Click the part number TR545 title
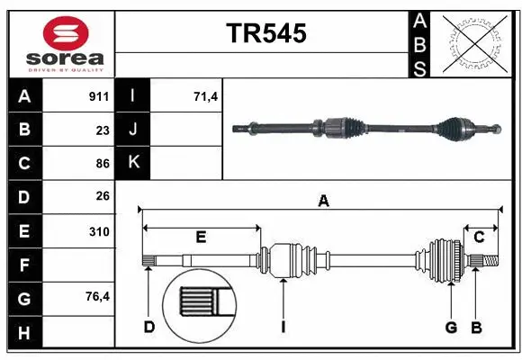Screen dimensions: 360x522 pos(265,33)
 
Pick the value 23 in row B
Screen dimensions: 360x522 pos(103,130)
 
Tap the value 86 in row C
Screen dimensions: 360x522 pos(103,163)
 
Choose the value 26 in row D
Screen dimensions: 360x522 pos(103,196)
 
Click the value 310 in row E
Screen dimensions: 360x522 pos(99,230)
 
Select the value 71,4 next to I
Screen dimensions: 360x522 pos(206,95)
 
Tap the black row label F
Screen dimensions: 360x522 pos(24,265)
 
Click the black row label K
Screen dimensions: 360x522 pos(133,163)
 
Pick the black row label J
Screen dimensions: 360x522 pos(133,130)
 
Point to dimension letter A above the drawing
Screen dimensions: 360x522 pos(322,202)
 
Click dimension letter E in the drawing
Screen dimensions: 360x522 pos(201,237)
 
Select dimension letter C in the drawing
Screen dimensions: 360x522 pos(480,237)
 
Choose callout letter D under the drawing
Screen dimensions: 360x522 pos(149,327)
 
